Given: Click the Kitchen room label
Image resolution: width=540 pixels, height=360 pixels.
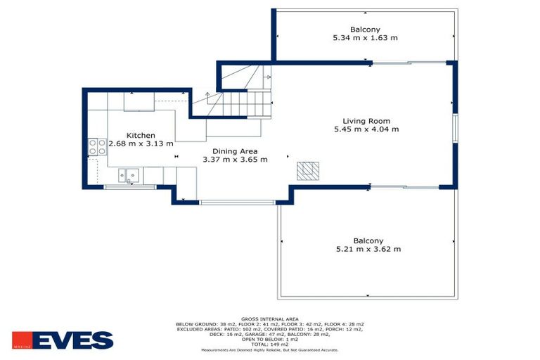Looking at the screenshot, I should pos(141,136).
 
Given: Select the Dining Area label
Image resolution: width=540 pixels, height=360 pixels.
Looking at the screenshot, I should pos(235,151).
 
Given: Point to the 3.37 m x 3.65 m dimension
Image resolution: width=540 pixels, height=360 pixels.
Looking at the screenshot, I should pos(235,160).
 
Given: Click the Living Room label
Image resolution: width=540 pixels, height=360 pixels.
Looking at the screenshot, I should pos(366,121).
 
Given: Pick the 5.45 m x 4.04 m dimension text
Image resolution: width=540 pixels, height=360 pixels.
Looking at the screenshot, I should pos(366,129).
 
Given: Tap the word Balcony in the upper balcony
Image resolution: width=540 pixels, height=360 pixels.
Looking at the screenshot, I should pos(366,30).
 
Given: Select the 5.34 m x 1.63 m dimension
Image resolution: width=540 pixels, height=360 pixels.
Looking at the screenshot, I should pos(366,38).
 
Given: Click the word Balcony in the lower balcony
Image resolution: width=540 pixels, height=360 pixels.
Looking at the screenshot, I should pos(368,240).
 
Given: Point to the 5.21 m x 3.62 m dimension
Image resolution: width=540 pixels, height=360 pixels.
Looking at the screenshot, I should pos(368,249).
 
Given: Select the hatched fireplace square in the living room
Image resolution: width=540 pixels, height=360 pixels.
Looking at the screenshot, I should pos(307,170).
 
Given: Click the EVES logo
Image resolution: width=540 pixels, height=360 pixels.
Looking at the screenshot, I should pos(63,340).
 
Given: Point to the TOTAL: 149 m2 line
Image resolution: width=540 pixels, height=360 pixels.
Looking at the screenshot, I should pos(269,345).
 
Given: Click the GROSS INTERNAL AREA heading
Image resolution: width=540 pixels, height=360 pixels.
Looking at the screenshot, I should pos(269,318).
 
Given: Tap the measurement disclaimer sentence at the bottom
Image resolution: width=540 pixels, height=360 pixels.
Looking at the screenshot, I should pos(269,349).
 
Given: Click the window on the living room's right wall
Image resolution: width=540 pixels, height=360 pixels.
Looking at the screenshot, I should pos(455,127).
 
